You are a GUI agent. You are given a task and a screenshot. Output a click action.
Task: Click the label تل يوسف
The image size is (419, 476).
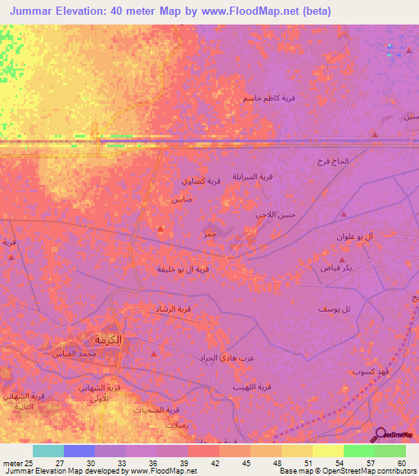click(335, 309)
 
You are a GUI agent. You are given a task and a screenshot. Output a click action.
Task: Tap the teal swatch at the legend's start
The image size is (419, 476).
click(47, 451)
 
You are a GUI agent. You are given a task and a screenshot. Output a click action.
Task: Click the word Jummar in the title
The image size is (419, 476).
click(36, 11)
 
